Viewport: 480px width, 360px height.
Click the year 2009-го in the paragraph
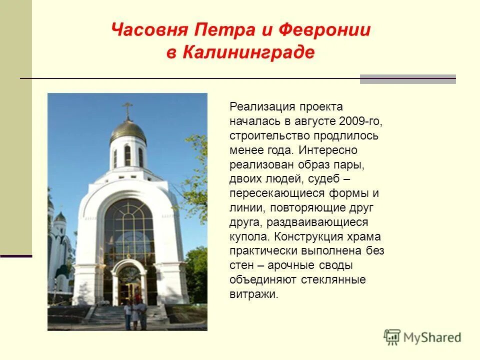point(360,121)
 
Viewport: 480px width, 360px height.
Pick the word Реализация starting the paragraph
point(258,106)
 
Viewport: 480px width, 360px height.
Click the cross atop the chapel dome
point(127,109)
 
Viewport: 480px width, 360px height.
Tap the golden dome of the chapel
point(128,130)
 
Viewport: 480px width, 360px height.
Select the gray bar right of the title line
point(407,79)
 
